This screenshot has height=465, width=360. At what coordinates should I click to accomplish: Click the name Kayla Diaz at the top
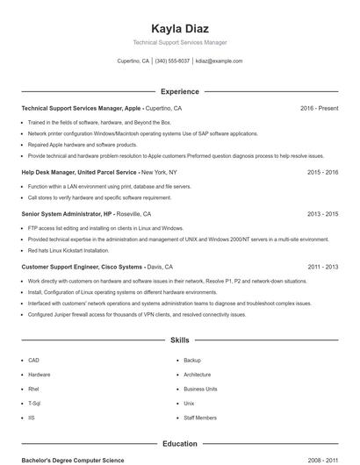click(x=179, y=28)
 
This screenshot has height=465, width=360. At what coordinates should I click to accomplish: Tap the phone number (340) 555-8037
click(x=172, y=61)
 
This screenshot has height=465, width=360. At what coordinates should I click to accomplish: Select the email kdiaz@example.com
click(x=219, y=61)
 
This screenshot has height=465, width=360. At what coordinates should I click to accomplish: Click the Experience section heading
click(x=179, y=91)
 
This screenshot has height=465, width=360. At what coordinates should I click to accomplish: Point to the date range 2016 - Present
click(x=319, y=108)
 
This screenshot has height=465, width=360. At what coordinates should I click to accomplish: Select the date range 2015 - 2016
click(x=322, y=172)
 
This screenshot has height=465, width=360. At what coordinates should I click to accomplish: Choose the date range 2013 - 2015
click(x=322, y=213)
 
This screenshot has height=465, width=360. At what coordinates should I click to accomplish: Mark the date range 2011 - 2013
click(x=322, y=266)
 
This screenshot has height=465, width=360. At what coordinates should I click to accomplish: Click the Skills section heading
click(x=179, y=339)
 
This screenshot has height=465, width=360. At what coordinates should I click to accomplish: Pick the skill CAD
click(x=33, y=360)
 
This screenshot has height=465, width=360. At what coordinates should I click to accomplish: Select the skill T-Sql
click(x=34, y=403)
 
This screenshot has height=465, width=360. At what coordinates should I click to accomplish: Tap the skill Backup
click(x=192, y=360)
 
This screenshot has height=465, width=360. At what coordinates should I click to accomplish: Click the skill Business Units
click(x=200, y=389)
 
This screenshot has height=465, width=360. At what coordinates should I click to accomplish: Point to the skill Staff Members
click(x=200, y=418)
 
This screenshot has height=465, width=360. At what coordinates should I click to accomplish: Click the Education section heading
click(x=179, y=444)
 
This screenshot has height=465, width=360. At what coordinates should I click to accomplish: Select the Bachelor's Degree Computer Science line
click(x=73, y=460)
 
